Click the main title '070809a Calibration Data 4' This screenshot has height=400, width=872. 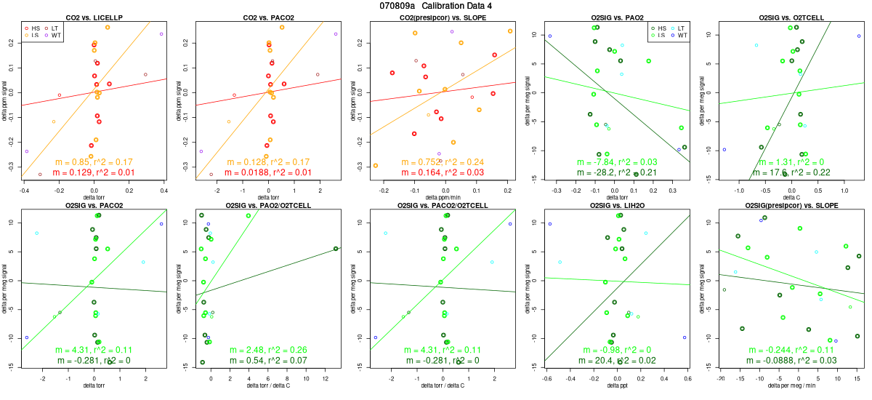pos(436,6)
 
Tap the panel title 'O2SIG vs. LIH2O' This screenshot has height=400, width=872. pos(617,206)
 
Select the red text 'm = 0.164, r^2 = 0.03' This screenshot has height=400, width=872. pos(443,172)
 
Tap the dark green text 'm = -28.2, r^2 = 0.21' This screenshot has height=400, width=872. pos(617,172)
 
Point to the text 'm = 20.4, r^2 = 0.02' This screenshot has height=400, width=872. pos(617,361)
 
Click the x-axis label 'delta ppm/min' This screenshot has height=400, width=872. pos(443,197)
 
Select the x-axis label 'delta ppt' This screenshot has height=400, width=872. pos(617,385)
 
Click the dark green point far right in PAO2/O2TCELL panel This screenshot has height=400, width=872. pos(336,249)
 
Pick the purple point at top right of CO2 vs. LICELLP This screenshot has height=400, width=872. pos(161,34)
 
